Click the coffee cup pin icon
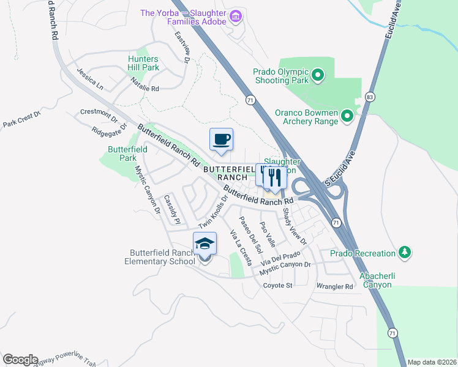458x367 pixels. point(221,139)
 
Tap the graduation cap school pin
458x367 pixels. point(205,244)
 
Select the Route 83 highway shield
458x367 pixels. point(369,97)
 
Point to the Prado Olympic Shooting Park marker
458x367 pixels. point(317,76)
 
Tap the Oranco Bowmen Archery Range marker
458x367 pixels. point(347,115)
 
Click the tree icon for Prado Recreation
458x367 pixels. point(404,252)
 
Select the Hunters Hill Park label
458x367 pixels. point(143,63)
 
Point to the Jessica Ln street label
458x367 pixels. point(90,79)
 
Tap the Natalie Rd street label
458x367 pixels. point(143,88)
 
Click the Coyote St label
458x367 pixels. point(279,286)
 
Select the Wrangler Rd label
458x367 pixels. point(334,286)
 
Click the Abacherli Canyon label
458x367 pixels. point(377,280)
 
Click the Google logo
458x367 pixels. point(20,360)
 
